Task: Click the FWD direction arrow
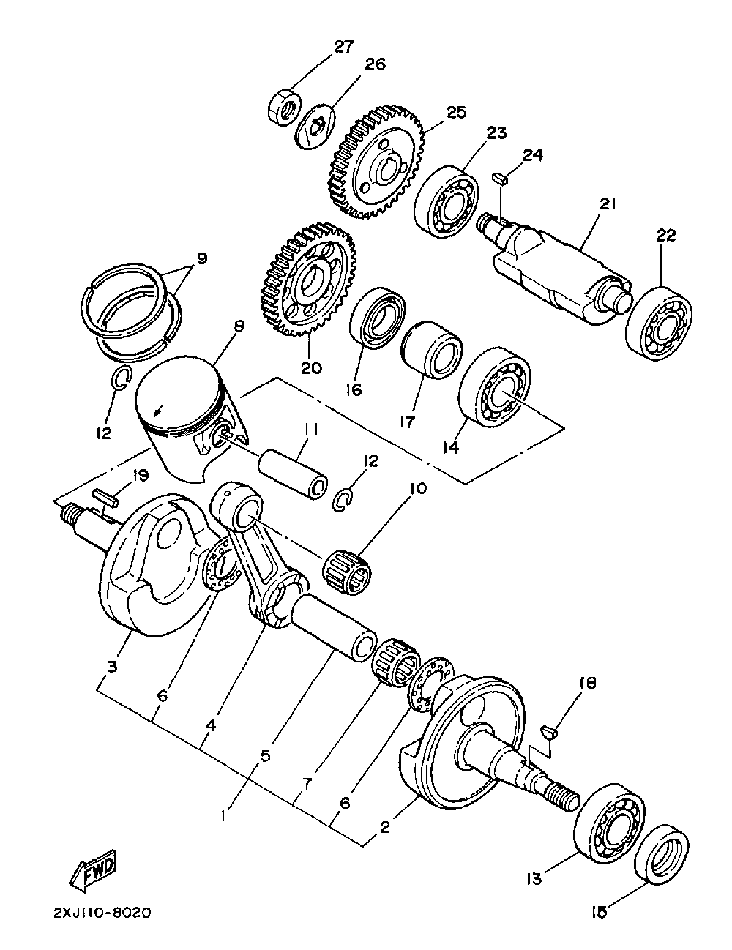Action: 93,871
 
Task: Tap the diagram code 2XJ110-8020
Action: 102,913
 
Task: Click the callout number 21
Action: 607,205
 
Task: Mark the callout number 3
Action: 112,667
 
